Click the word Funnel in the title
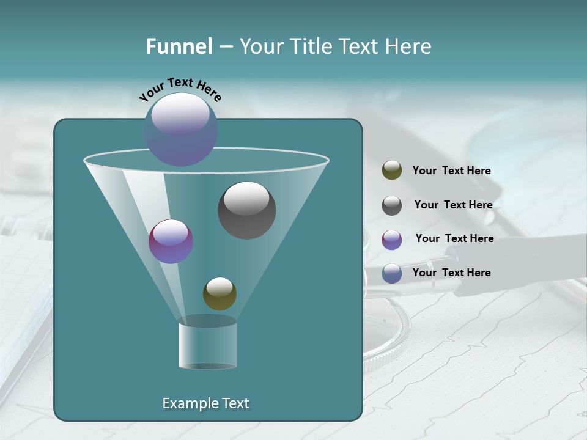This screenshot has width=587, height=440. (x=179, y=46)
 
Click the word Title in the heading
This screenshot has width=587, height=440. (x=311, y=46)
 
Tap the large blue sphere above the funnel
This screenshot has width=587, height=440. (x=181, y=130)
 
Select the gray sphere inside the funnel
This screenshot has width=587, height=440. (x=246, y=210)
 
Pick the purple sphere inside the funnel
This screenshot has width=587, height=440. (x=171, y=241)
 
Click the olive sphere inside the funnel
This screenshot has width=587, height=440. (x=220, y=293)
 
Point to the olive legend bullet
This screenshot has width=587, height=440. (x=392, y=170)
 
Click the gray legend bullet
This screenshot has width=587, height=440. (x=392, y=205)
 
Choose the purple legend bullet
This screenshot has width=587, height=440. (x=392, y=240)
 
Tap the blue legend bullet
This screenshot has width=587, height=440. (x=392, y=273)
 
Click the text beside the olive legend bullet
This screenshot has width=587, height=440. (x=451, y=170)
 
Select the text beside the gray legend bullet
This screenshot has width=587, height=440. (x=453, y=205)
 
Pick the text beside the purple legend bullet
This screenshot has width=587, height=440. (x=454, y=238)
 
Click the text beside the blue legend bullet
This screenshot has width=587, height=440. (x=451, y=273)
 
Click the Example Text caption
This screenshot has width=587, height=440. (x=205, y=403)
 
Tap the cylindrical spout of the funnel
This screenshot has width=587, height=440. (x=207, y=345)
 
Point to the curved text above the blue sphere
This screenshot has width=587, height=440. (x=180, y=89)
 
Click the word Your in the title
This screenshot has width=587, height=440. (x=260, y=46)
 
